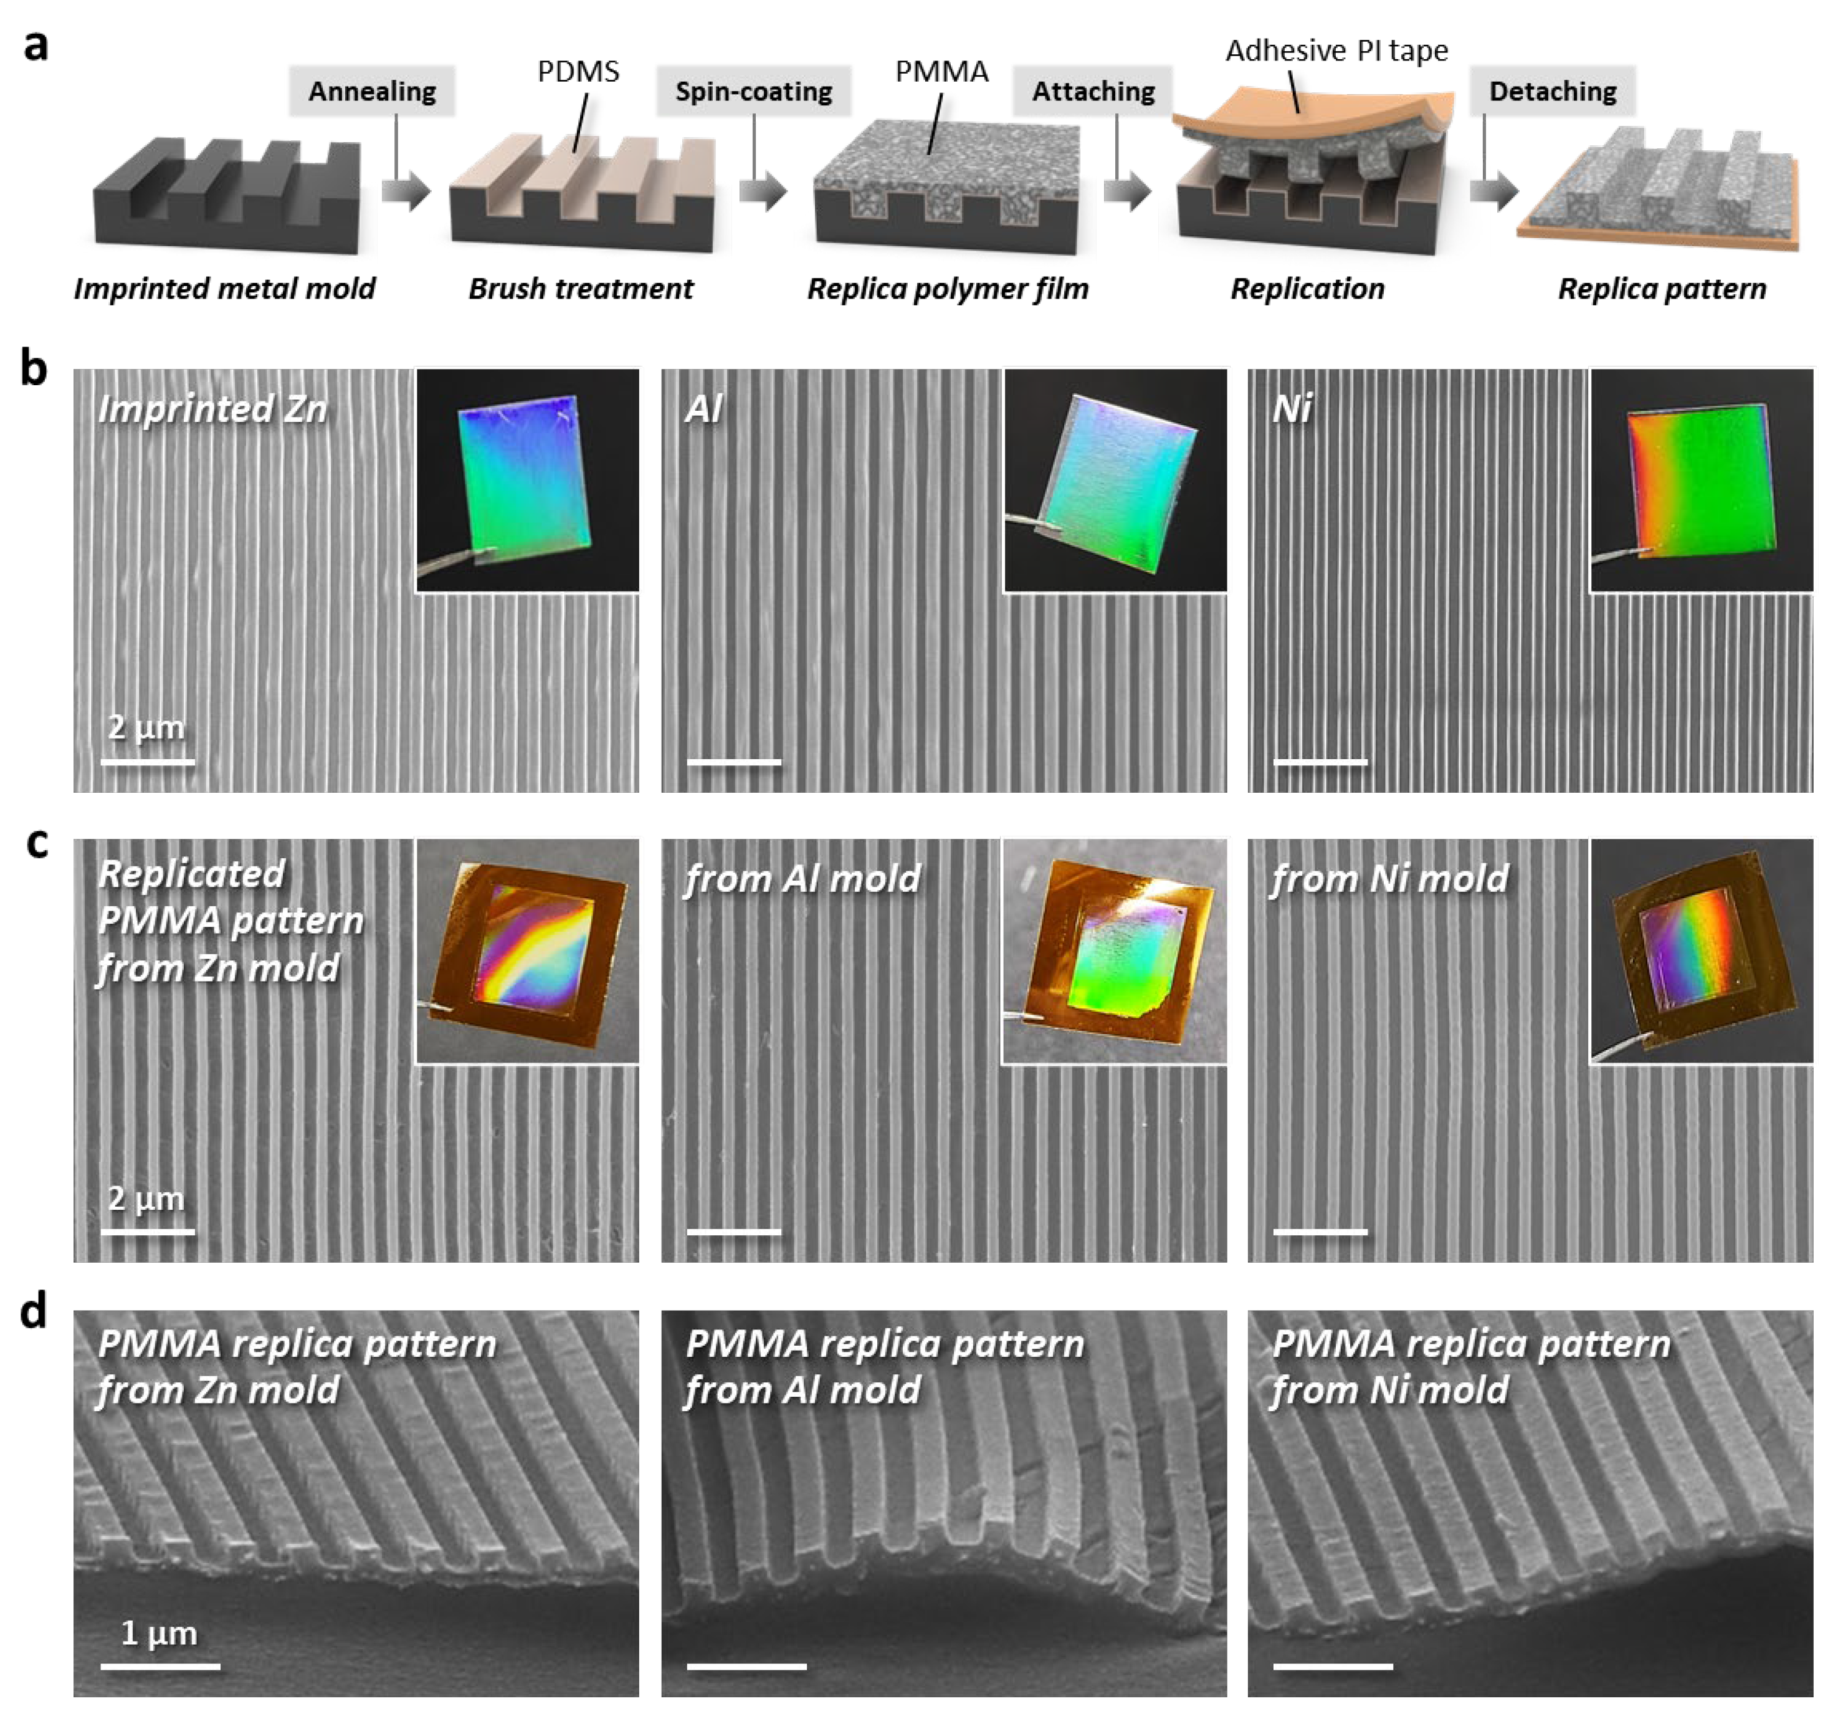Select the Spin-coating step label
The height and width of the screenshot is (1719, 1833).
click(753, 91)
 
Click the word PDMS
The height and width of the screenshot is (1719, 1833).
click(578, 72)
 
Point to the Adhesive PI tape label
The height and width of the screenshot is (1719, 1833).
click(1336, 50)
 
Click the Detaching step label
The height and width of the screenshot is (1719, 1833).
click(1553, 91)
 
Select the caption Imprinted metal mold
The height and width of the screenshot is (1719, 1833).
click(224, 289)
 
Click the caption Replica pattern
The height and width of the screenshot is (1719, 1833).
click(1662, 289)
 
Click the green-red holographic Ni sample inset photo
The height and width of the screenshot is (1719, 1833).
click(1701, 479)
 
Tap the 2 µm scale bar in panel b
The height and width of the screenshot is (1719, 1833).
click(148, 761)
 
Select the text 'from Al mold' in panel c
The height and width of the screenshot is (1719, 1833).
click(802, 878)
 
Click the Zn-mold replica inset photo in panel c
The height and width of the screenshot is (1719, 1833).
click(527, 950)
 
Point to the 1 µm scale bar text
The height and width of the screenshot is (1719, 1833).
click(159, 1633)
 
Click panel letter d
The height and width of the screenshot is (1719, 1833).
click(34, 1311)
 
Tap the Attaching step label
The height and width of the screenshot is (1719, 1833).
click(1093, 91)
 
